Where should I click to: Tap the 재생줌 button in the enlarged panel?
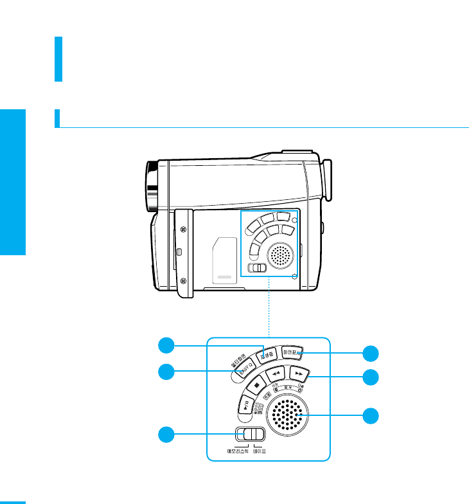[267, 354]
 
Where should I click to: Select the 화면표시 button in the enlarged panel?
[294, 353]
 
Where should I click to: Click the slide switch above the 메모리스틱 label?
[249, 435]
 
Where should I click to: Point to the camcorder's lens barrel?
[152, 187]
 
